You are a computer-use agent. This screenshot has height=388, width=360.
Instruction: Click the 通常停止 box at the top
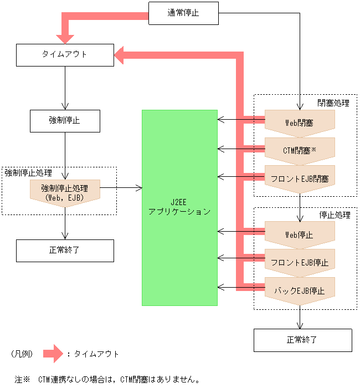(x=183, y=13)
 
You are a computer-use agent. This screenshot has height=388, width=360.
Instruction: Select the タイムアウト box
(x=65, y=55)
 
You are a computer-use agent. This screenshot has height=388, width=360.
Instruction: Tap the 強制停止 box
(x=65, y=120)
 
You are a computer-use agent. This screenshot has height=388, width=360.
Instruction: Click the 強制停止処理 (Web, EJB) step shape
(x=65, y=191)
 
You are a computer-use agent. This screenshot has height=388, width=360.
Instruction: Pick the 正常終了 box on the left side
(x=65, y=251)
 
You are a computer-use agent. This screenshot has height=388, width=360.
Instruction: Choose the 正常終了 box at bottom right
(x=302, y=340)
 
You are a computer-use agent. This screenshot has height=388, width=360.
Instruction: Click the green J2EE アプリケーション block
(x=179, y=207)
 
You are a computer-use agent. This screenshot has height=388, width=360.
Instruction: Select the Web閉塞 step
(x=300, y=122)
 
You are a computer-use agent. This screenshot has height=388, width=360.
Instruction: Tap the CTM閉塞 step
(x=300, y=150)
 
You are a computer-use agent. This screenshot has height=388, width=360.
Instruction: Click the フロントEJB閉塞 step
(x=300, y=178)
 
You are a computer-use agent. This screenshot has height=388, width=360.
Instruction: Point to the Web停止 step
(x=300, y=234)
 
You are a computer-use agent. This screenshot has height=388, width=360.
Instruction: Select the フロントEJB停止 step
(x=300, y=262)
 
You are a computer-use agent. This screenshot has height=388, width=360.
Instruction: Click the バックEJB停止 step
(x=300, y=290)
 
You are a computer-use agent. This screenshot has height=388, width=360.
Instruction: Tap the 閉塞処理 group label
(x=333, y=103)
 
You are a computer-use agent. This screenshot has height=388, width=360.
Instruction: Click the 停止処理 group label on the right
(x=333, y=214)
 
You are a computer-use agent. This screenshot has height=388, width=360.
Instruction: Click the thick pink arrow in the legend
(x=54, y=353)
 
